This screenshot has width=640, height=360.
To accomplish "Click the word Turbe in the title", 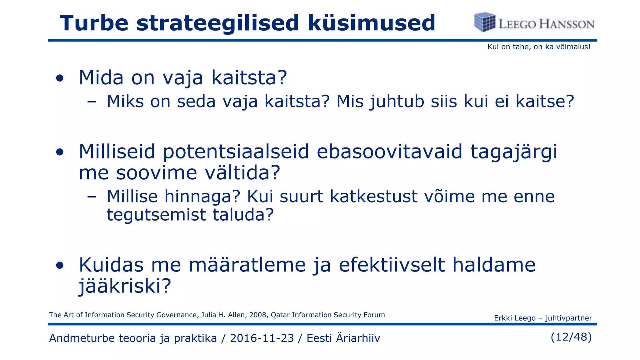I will point(94,23).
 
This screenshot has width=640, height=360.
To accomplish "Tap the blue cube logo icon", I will point(484,22).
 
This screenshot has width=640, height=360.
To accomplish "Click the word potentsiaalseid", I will point(236,152).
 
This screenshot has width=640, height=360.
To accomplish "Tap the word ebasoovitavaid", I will point(389,152).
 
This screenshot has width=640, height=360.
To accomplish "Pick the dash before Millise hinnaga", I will point(92,197).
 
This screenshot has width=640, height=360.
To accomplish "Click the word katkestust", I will point(374,197).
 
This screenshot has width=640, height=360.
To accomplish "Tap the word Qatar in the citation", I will point(280,315).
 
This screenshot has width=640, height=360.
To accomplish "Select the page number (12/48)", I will point(571,337).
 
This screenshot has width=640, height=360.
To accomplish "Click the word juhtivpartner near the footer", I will point(568,318).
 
